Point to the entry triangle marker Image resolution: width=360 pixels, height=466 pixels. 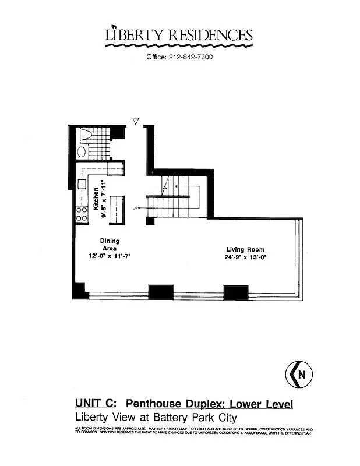[136, 121]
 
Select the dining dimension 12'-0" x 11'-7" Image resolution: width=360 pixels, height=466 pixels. [108, 255]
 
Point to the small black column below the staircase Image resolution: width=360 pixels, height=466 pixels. [150, 221]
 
